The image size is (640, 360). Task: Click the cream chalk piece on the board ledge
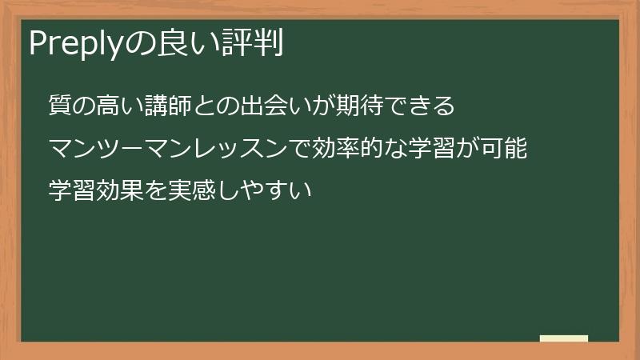click(564, 338)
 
